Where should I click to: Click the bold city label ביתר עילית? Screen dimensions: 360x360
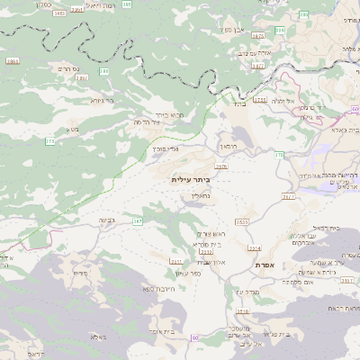point(191,180)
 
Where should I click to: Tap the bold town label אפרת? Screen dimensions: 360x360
point(265,265)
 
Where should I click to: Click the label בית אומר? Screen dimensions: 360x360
point(162,332)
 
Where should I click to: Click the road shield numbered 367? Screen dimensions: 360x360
point(138,220)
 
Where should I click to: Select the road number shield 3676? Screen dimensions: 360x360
point(221,166)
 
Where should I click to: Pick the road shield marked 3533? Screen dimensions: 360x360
point(242,221)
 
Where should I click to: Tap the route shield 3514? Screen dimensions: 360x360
point(255,248)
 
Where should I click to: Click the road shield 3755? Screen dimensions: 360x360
point(261,100)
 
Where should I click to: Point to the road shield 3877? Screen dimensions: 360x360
point(258,66)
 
